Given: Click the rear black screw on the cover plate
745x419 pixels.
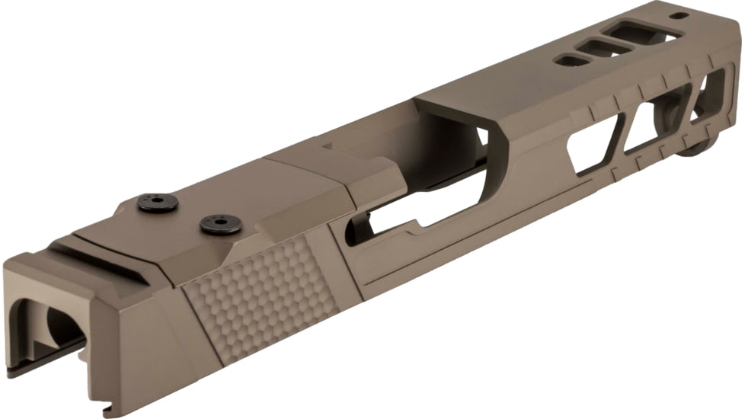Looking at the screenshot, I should coord(158,202).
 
